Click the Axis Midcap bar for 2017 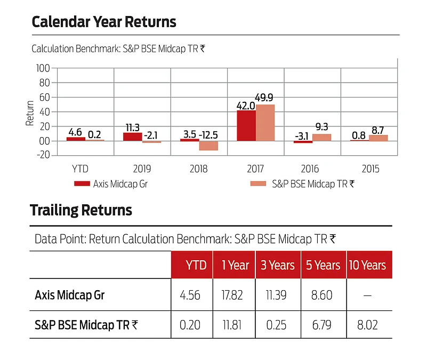point(246,126)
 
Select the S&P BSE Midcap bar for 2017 point(265,123)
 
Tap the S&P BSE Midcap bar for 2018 point(208,146)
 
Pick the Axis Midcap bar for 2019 point(133,137)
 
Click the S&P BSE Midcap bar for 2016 point(321,138)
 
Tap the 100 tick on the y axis point(43,68)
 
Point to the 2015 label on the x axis point(370,169)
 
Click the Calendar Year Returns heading point(104,22)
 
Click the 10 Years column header point(367,265)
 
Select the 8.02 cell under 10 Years point(367,324)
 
